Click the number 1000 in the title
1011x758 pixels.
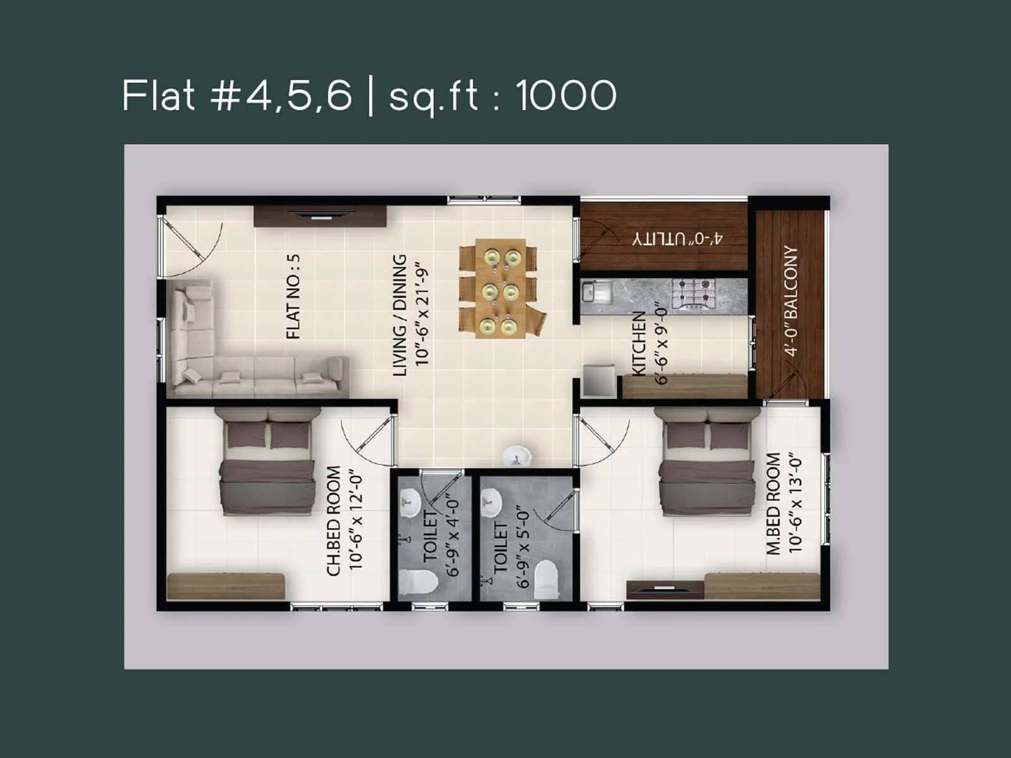pyautogui.click(x=566, y=96)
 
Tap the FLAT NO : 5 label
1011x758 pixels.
pyautogui.click(x=293, y=296)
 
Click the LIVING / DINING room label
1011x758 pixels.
pyautogui.click(x=400, y=315)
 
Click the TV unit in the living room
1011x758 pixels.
pyautogui.click(x=320, y=215)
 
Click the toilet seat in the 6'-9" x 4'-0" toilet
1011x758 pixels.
pyautogui.click(x=418, y=582)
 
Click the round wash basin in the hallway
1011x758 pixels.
pyautogui.click(x=517, y=455)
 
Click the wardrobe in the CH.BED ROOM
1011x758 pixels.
pyautogui.click(x=226, y=586)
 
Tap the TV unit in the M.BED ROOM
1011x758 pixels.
pyautogui.click(x=665, y=589)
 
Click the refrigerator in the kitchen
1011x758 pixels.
pyautogui.click(x=598, y=380)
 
